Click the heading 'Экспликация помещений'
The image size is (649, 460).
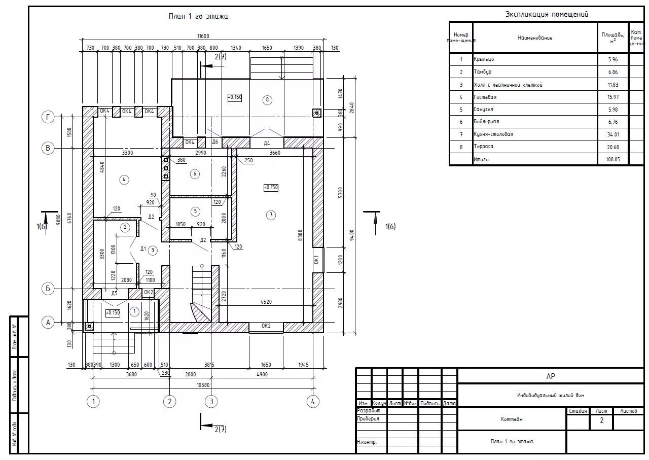[547, 14]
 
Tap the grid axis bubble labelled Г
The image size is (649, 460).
[48, 118]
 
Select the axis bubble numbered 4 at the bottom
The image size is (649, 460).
[313, 402]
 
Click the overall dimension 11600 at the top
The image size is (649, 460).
[203, 36]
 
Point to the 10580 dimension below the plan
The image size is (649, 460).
[203, 384]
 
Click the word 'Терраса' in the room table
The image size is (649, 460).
[483, 147]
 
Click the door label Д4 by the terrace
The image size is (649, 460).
[267, 143]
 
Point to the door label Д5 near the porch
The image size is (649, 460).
[114, 293]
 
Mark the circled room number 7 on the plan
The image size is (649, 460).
[271, 215]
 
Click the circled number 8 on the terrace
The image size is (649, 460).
[268, 99]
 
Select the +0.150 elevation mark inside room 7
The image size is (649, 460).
[271, 188]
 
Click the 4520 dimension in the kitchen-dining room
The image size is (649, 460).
[266, 302]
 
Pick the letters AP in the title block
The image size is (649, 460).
[551, 376]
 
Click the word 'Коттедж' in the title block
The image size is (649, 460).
[512, 419]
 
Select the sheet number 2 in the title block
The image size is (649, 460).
[602, 420]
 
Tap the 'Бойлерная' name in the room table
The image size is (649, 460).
[486, 122]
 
